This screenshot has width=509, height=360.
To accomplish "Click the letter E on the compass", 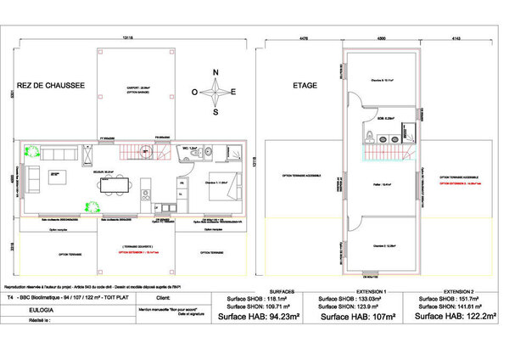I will (235, 91).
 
